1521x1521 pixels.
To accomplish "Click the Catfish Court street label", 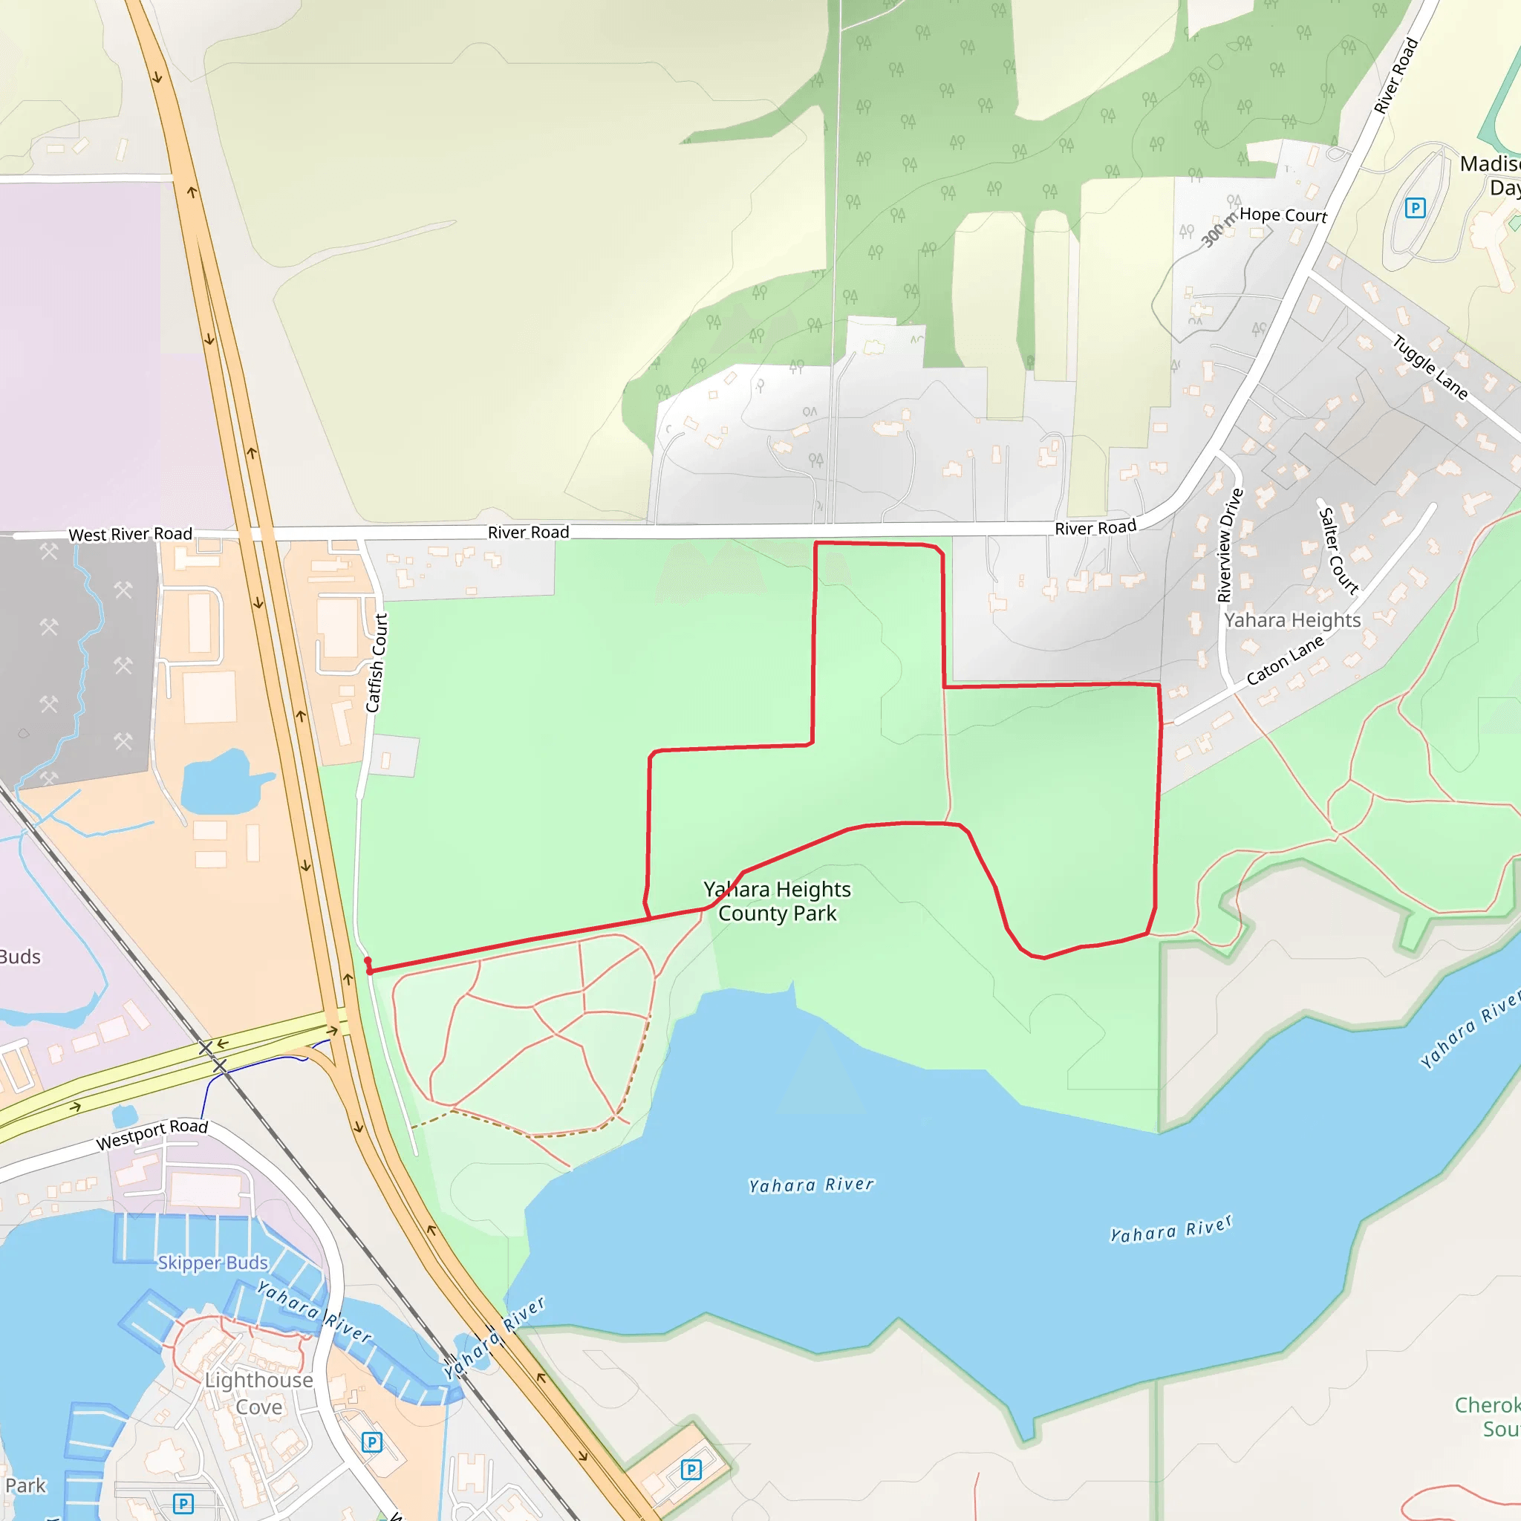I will pos(377,663).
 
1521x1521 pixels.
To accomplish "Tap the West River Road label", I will pos(130,534).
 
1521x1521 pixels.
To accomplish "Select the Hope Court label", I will pos(1283,215).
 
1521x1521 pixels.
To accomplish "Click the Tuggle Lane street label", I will pos(1430,367).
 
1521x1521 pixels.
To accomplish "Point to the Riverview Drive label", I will pos(1230,545).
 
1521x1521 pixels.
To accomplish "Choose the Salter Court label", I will pos(1338,550).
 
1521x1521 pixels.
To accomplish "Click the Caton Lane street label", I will pos(1285,659).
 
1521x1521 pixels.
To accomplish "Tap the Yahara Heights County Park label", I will pos(777,902).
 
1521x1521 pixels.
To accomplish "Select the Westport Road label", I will pos(152,1135).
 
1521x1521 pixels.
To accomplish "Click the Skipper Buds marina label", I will pos(212,1263).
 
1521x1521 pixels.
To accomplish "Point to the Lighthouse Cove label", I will pos(258,1393).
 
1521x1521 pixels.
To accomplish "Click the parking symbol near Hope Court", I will pos(1415,208).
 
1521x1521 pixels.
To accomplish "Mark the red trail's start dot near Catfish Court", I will pos(368,966).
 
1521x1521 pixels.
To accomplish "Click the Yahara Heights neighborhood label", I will pos(1292,620).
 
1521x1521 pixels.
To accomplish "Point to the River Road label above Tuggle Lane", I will pos(1395,76).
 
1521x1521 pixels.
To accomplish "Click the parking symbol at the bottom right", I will pos(691,1469).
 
